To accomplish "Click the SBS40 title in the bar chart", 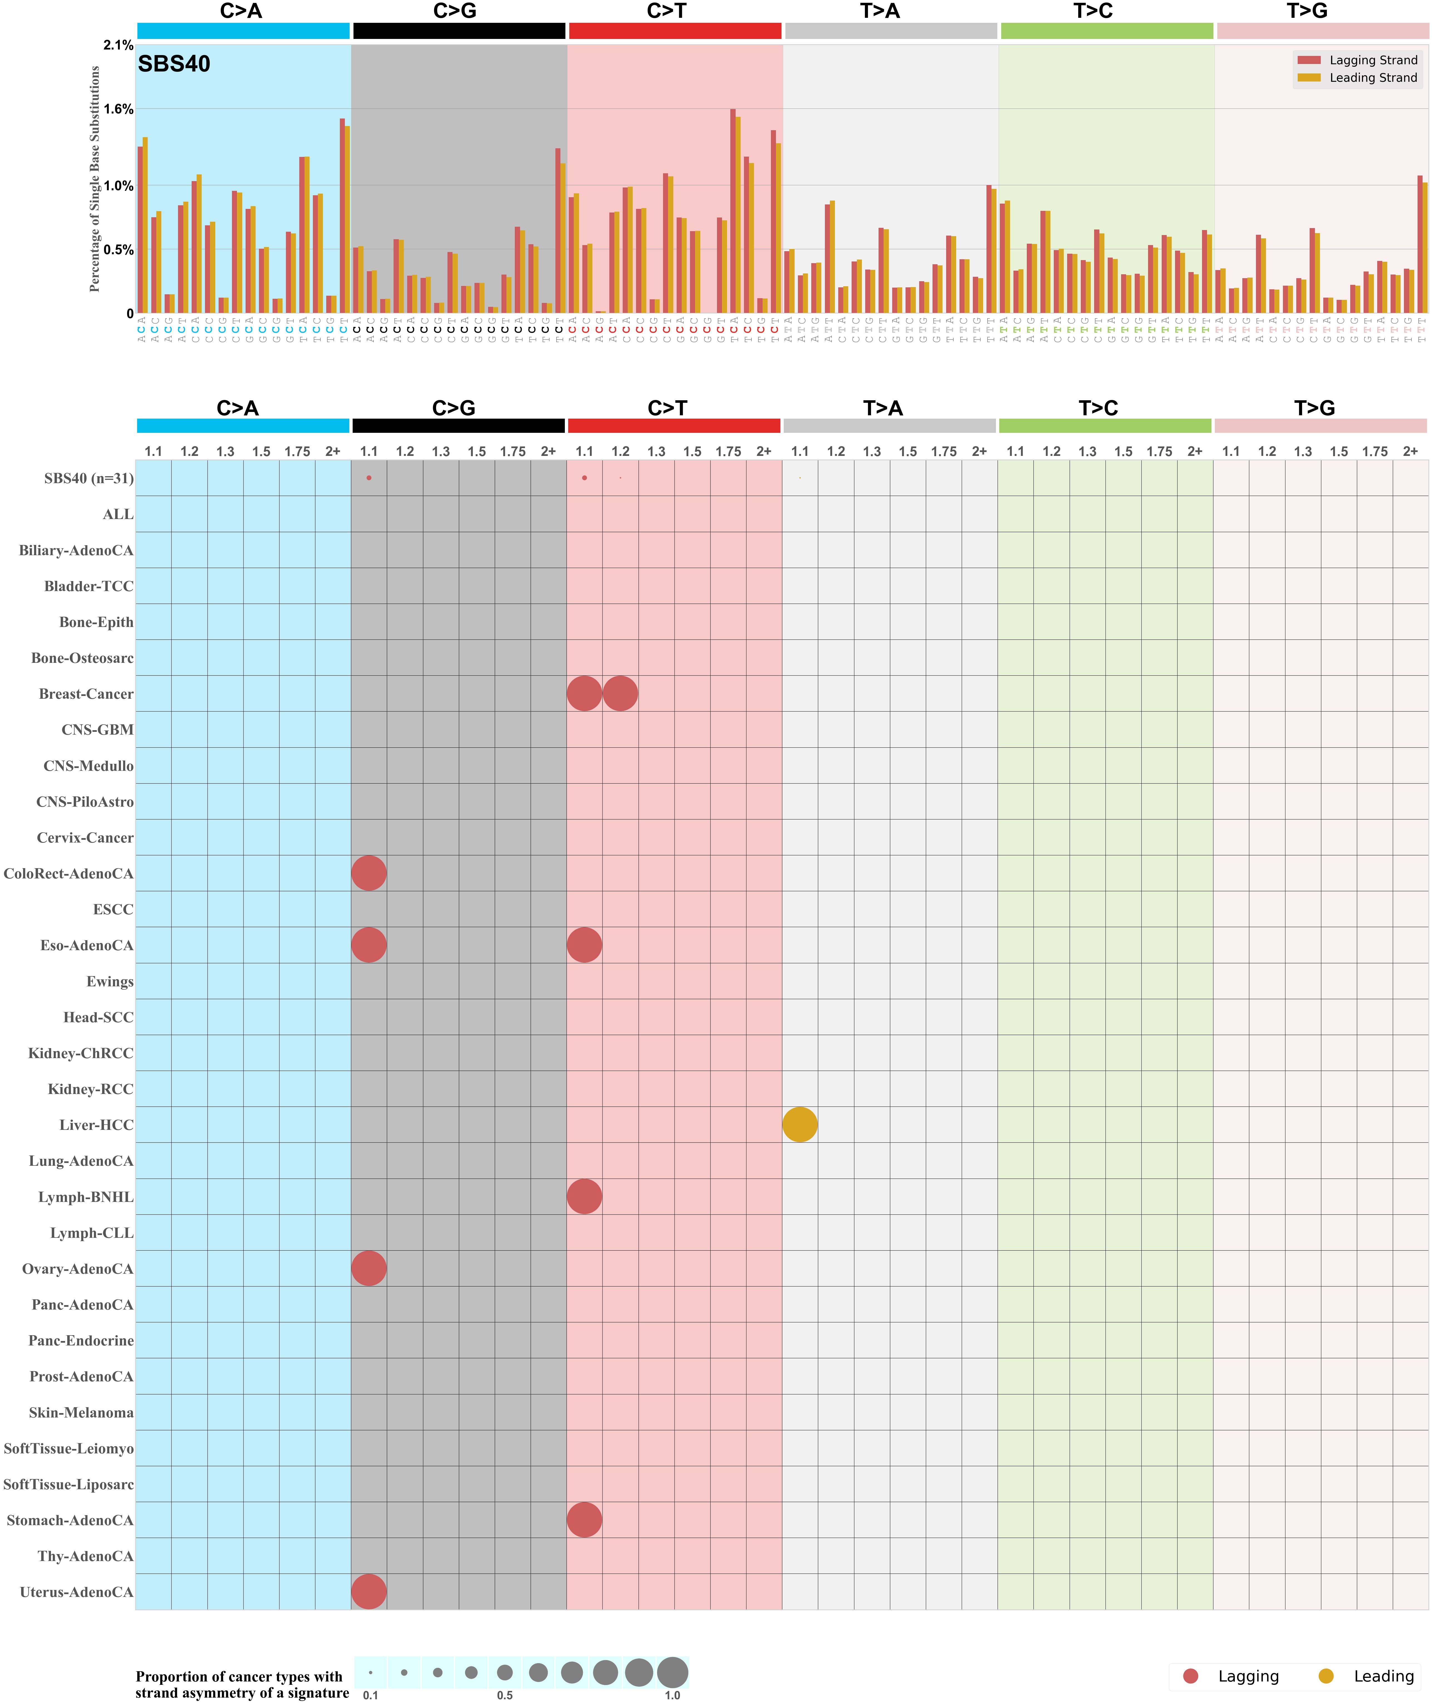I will (174, 64).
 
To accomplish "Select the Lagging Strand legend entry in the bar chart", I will (1372, 60).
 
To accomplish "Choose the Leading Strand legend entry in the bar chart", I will (1372, 78).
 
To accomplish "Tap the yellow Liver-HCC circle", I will (800, 1124).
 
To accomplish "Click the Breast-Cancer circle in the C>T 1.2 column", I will (620, 693).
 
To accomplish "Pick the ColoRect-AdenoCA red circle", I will (368, 873).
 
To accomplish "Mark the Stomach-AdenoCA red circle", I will (585, 1520).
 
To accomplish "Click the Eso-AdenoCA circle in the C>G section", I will (368, 945).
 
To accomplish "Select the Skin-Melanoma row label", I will (81, 1412).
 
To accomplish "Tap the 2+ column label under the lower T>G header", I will (1410, 451).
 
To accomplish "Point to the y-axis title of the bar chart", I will (95, 179).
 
